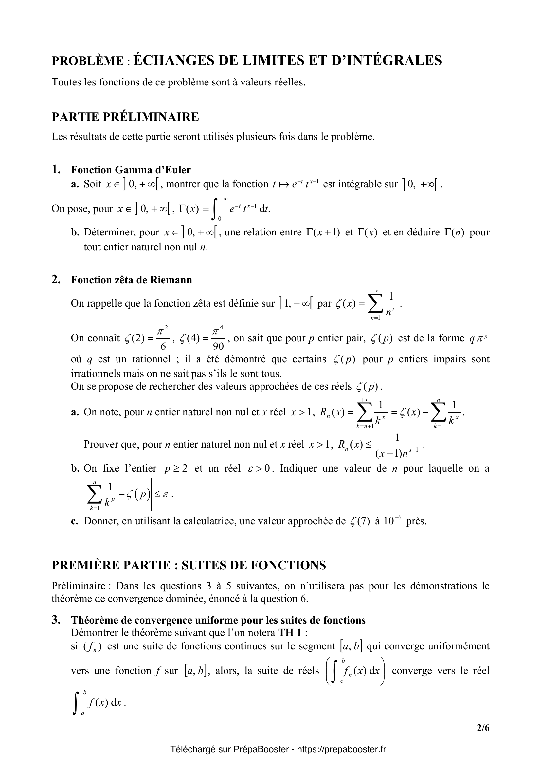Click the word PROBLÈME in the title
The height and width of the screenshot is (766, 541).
click(87, 61)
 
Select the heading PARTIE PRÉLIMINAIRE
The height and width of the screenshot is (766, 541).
click(125, 117)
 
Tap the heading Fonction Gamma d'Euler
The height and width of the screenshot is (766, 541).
click(131, 170)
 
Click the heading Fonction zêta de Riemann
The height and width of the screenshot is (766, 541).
click(131, 280)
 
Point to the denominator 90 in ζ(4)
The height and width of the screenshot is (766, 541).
click(218, 346)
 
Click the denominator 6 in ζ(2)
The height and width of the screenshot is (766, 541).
click(163, 346)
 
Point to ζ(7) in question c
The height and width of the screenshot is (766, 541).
click(360, 521)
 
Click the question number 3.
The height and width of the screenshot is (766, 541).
click(56, 620)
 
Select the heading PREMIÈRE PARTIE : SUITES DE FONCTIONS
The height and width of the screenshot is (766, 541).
click(189, 565)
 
